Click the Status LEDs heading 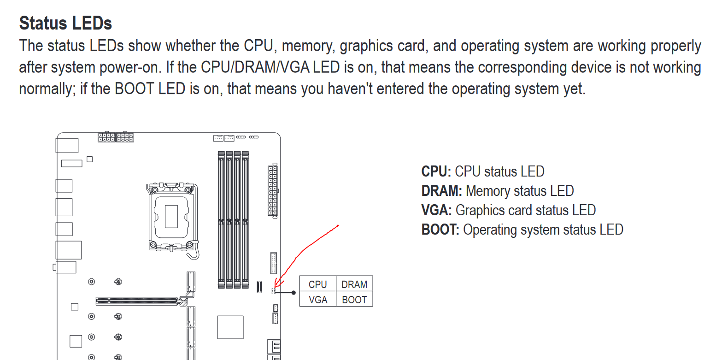point(65,23)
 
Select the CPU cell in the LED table point(318,283)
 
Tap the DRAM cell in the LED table point(354,283)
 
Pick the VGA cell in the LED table point(318,299)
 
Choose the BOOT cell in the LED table point(354,299)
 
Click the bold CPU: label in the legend point(436,171)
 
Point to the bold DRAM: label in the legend point(442,191)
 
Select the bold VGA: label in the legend point(437,210)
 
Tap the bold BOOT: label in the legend point(440,230)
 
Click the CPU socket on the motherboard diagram point(172,217)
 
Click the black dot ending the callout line point(294,293)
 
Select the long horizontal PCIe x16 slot point(141,301)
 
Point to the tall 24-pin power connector point(273,191)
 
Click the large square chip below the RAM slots point(230,327)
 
